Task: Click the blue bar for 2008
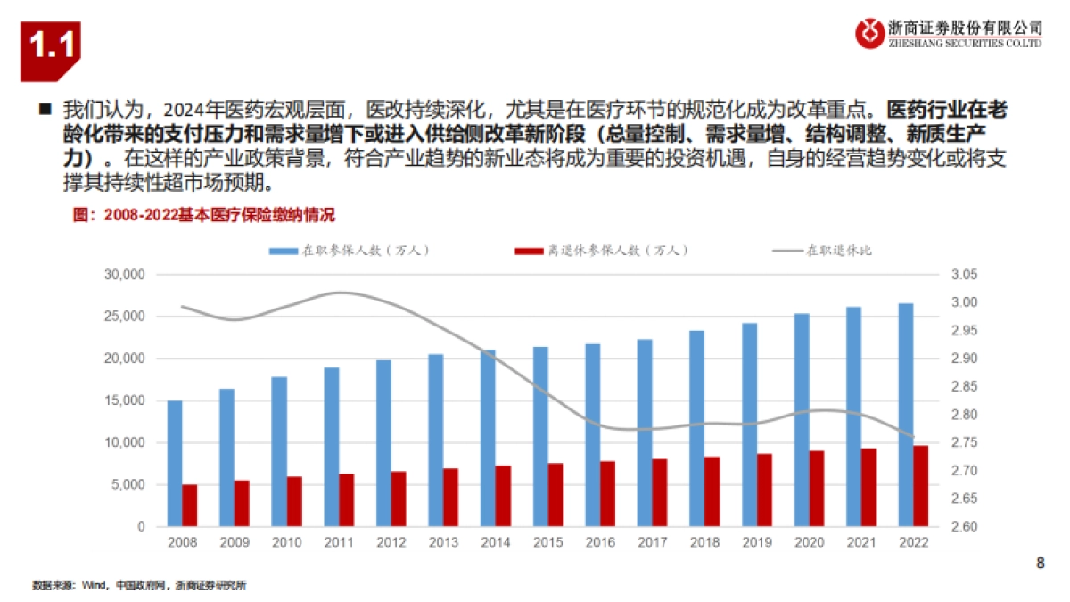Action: pyautogui.click(x=175, y=464)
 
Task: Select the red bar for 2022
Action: pyautogui.click(x=921, y=486)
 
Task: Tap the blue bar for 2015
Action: pyautogui.click(x=540, y=437)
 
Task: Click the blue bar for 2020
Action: pyautogui.click(x=802, y=420)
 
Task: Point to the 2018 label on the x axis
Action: pyautogui.click(x=704, y=541)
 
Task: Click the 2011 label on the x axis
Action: pyautogui.click(x=339, y=541)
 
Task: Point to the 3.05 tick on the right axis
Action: pyautogui.click(x=964, y=275)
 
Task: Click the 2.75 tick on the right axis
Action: pyautogui.click(x=964, y=443)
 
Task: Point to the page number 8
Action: pyautogui.click(x=1040, y=563)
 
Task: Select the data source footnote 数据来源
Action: pyautogui.click(x=138, y=586)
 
